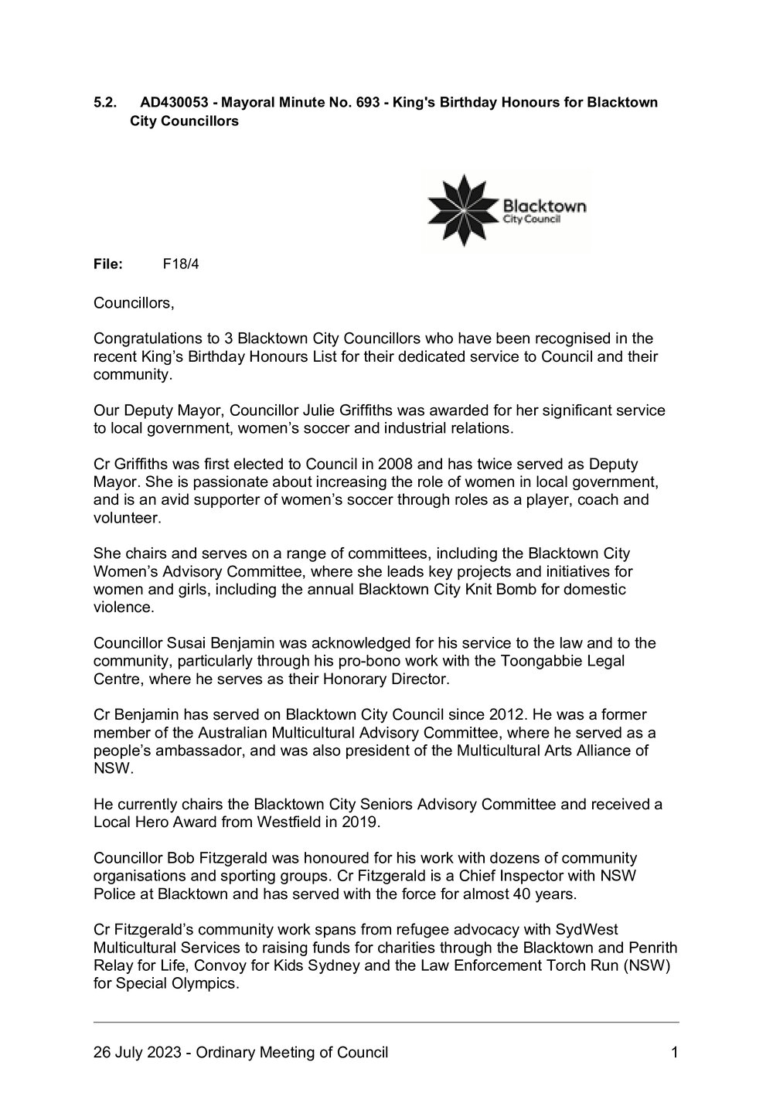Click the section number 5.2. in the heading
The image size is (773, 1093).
[x=104, y=102]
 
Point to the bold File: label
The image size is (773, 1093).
[x=108, y=264]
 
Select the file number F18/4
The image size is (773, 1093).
[x=181, y=264]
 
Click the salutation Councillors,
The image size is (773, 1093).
[x=134, y=303]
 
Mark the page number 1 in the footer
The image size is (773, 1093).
[x=674, y=1052]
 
